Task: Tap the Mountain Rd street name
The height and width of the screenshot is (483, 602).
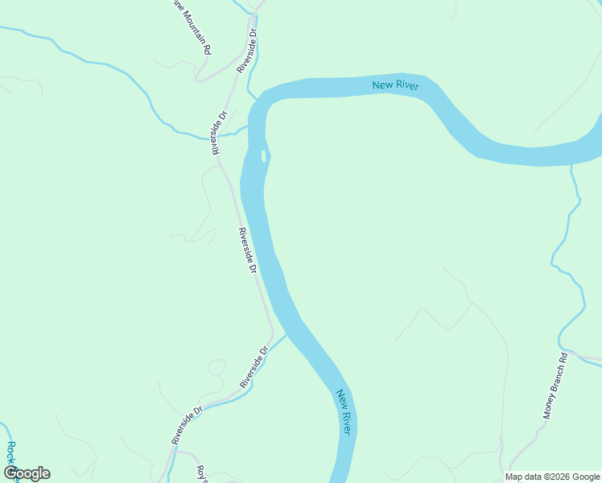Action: click(193, 28)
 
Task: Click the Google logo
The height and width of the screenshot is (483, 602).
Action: click(27, 473)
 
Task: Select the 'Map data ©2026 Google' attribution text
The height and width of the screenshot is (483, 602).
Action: click(553, 477)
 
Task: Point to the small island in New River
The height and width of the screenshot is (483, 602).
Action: click(263, 155)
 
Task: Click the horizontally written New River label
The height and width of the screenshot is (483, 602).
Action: click(395, 85)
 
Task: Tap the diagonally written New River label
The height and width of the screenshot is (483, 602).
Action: click(344, 412)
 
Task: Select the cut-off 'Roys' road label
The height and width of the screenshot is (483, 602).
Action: click(204, 475)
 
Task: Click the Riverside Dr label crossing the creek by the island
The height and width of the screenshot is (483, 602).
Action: click(220, 131)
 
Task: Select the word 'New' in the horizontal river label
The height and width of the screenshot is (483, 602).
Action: click(382, 84)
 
